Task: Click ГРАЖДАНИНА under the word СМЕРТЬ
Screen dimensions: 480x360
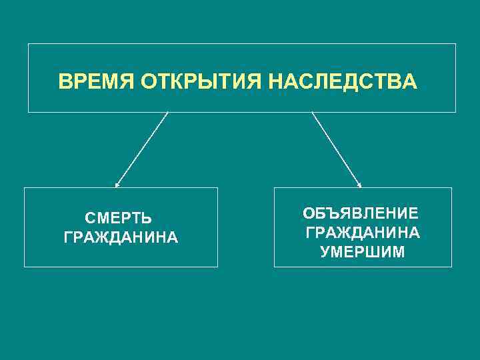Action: point(121,237)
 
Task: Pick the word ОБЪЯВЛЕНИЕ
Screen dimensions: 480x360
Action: point(361,213)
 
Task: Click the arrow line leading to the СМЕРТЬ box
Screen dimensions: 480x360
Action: point(142,148)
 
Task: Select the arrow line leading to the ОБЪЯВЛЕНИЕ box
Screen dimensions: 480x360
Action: point(336,148)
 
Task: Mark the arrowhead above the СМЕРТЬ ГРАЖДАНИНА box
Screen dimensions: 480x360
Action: point(117,184)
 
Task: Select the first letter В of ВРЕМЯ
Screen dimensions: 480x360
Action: point(64,82)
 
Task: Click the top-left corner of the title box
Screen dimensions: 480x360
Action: point(28,44)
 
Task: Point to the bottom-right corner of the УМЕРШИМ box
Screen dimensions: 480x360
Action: point(451,267)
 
